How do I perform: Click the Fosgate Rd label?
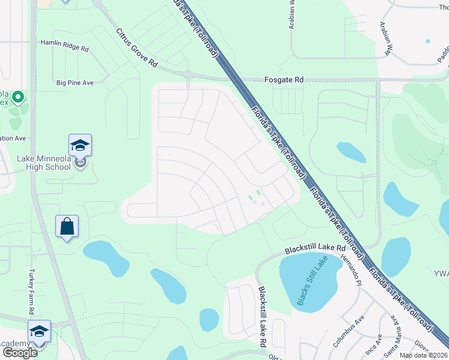coord(285,79)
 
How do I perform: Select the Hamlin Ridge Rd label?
coord(64,43)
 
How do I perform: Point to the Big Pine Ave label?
coord(75,82)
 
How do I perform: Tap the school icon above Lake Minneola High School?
coord(80,145)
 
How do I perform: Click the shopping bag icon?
coord(67,226)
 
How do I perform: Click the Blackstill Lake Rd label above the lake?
coord(316,248)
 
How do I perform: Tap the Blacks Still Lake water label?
coord(309,283)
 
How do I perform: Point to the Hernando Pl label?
coord(351,269)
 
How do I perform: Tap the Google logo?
coord(19,353)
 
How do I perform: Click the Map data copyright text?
coord(423,355)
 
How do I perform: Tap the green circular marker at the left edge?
coord(17,97)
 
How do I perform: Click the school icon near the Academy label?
coord(39,331)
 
